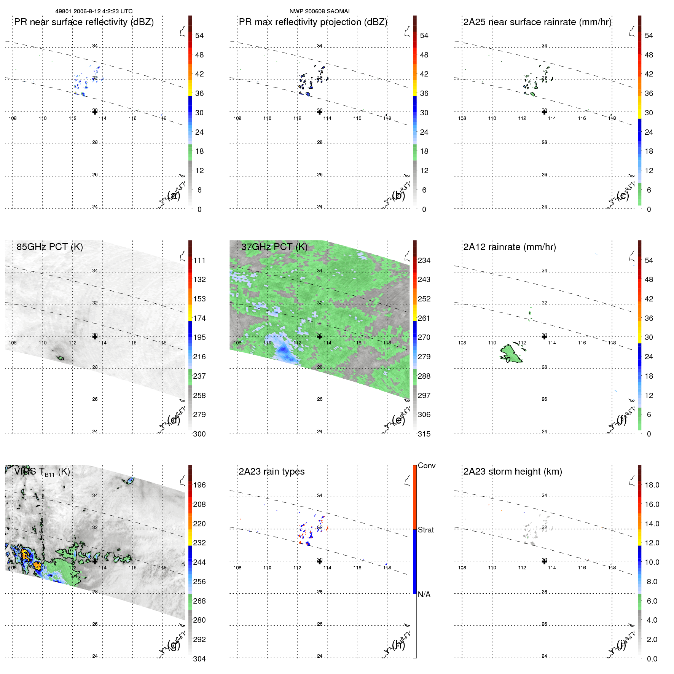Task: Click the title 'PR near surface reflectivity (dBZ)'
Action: coord(84,22)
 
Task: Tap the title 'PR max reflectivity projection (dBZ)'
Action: coord(313,22)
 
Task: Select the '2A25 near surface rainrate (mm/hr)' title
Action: coord(537,22)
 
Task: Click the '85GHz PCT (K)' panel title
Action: coord(49,247)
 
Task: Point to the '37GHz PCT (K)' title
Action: coord(274,247)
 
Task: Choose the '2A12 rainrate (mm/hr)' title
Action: coord(510,247)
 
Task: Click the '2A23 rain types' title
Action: coord(271,472)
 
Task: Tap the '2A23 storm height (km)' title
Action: coord(513,472)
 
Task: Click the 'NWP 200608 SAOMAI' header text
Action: coord(319,11)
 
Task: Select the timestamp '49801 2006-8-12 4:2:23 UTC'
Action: coord(94,11)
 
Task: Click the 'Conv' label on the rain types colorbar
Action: coord(427,465)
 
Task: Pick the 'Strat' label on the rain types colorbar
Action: coord(426,530)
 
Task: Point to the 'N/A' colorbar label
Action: coord(424,594)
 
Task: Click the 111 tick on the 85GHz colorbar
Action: coord(199,260)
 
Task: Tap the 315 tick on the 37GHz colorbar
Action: coord(424,434)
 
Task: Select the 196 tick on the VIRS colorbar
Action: coord(199,485)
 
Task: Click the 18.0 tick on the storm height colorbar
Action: coord(652,485)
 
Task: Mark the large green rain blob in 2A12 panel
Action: coord(511,354)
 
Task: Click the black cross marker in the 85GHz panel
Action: coord(95,336)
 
